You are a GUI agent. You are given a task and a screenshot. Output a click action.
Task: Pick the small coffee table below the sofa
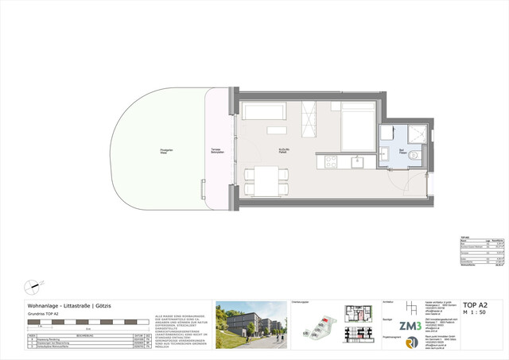tap(276, 130)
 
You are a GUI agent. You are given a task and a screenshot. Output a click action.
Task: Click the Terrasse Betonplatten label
tap(216, 151)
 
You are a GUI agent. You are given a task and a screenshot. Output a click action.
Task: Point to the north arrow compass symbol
tap(33, 285)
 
